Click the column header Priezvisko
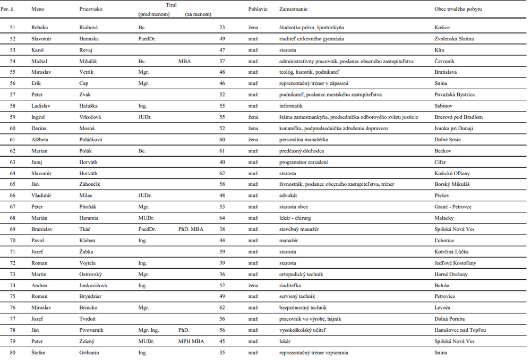point(91,10)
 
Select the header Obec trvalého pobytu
point(458,10)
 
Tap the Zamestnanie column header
point(294,10)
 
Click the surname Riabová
point(90,28)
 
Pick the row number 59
point(13,117)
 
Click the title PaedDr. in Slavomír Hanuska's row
point(148,39)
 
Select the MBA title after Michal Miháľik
point(184,61)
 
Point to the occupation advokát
point(289,195)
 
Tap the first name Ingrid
point(38,117)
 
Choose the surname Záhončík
point(91,184)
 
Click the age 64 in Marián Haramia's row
point(222,218)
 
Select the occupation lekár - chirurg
point(296,218)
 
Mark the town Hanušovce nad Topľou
point(460,330)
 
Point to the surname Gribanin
point(91,352)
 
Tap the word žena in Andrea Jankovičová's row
point(253,285)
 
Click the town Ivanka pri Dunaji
point(453,128)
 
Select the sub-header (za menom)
point(198,14)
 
